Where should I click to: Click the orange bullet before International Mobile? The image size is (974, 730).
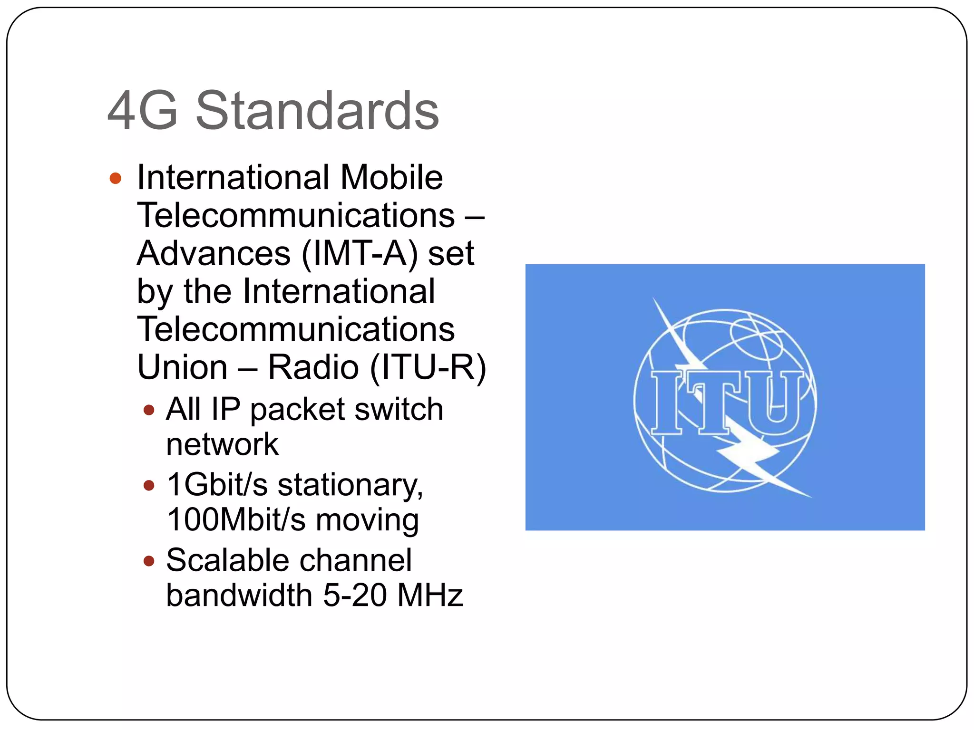click(x=115, y=179)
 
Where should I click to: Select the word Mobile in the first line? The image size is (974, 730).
click(x=391, y=177)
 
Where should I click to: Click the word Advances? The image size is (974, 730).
click(x=214, y=253)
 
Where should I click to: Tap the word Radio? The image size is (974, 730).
click(x=313, y=367)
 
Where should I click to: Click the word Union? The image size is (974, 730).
click(x=183, y=367)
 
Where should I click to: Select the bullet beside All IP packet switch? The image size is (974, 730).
click(x=149, y=410)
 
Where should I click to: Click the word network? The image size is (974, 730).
click(x=222, y=445)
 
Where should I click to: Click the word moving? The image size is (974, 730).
click(x=367, y=519)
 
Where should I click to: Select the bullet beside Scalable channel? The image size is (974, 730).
click(x=149, y=561)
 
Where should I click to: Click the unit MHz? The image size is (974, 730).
click(x=430, y=596)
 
